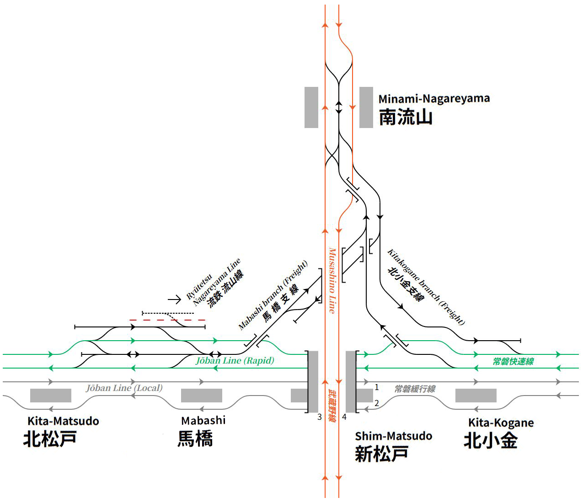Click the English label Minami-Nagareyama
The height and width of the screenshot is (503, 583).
coord(433,99)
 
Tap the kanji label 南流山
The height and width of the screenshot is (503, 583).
coord(405,118)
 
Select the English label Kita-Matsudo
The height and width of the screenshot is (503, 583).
coord(63,421)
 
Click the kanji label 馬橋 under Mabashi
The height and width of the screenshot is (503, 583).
coord(195,439)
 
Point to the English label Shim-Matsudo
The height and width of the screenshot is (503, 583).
coord(393,436)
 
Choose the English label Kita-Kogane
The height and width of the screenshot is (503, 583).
coord(501,423)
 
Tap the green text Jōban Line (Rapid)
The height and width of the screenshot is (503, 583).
coord(235,361)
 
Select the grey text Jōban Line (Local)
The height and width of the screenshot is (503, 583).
coord(124,388)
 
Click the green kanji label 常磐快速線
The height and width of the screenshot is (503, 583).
coord(513,362)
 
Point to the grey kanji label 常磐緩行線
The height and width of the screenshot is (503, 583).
coord(415,389)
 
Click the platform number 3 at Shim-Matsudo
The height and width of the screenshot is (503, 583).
coord(320,417)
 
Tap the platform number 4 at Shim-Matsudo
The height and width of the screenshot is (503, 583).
coord(344,417)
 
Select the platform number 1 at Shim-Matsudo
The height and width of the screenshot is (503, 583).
coord(376,387)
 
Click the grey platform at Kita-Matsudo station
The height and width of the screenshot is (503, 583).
coord(51,396)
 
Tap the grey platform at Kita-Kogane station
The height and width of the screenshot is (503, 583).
coord(476,396)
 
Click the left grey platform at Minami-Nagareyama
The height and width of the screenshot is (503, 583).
coord(311,107)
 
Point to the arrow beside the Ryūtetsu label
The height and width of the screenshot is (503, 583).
coord(175,300)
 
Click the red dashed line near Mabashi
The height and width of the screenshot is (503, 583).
coord(167,320)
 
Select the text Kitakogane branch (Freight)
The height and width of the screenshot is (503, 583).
coord(426,287)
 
